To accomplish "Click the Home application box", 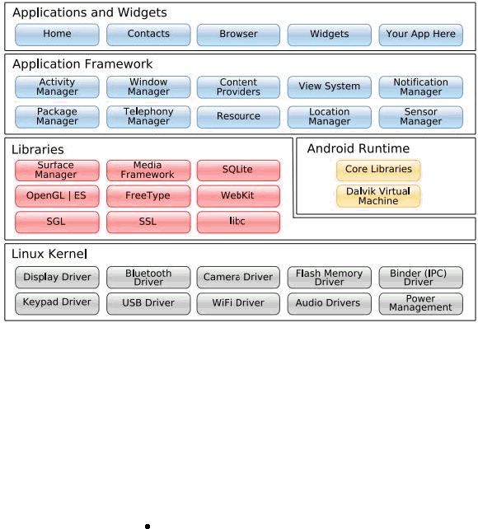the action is pyautogui.click(x=57, y=35).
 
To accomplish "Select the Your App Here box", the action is pyautogui.click(x=420, y=35).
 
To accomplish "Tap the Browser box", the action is pyautogui.click(x=238, y=35).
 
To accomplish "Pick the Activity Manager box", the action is pyautogui.click(x=57, y=87).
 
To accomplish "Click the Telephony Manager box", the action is pyautogui.click(x=148, y=117).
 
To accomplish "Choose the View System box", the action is pyautogui.click(x=329, y=87).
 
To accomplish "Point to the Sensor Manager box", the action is pyautogui.click(x=420, y=117).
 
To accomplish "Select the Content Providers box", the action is pyautogui.click(x=238, y=87).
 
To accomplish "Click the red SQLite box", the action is pyautogui.click(x=238, y=171).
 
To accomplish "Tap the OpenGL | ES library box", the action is pyautogui.click(x=57, y=196).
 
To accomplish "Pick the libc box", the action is pyautogui.click(x=238, y=222).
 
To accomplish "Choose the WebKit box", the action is pyautogui.click(x=238, y=196).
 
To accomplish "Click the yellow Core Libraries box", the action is pyautogui.click(x=378, y=170).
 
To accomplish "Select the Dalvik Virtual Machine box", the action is pyautogui.click(x=378, y=195).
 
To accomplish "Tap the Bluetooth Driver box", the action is pyautogui.click(x=148, y=278).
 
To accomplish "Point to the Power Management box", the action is pyautogui.click(x=420, y=303).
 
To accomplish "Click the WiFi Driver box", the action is pyautogui.click(x=238, y=303).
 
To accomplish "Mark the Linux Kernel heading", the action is pyautogui.click(x=49, y=254).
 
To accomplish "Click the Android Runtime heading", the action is pyautogui.click(x=358, y=148).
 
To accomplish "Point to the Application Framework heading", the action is pyautogui.click(x=82, y=64).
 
